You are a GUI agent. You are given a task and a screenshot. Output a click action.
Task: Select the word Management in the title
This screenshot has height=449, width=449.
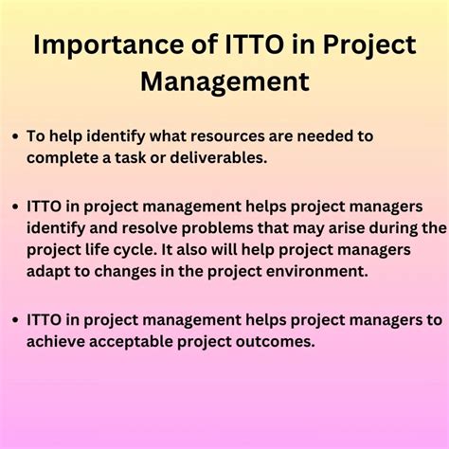click(224, 81)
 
